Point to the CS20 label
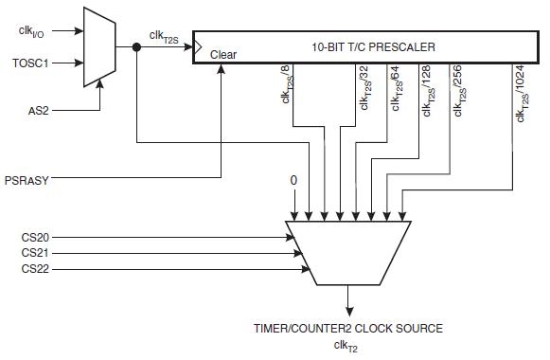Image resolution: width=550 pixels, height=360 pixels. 35,236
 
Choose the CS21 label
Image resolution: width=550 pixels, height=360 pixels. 35,254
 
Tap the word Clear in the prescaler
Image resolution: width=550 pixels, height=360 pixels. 223,55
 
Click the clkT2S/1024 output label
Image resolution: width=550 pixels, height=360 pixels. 520,93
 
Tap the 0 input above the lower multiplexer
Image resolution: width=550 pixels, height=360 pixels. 294,180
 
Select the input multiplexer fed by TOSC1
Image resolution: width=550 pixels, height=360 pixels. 98,45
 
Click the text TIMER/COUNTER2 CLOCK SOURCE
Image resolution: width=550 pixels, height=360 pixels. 348,329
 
